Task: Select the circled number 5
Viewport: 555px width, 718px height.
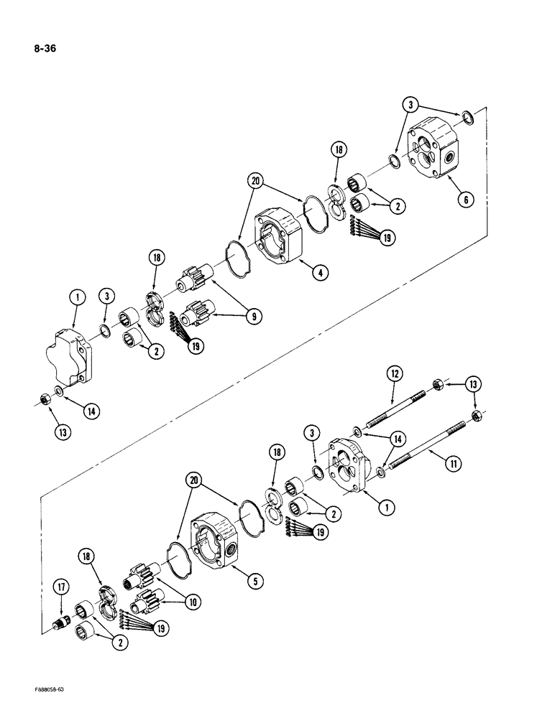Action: pos(254,583)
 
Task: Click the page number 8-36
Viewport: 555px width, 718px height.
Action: pos(45,50)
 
